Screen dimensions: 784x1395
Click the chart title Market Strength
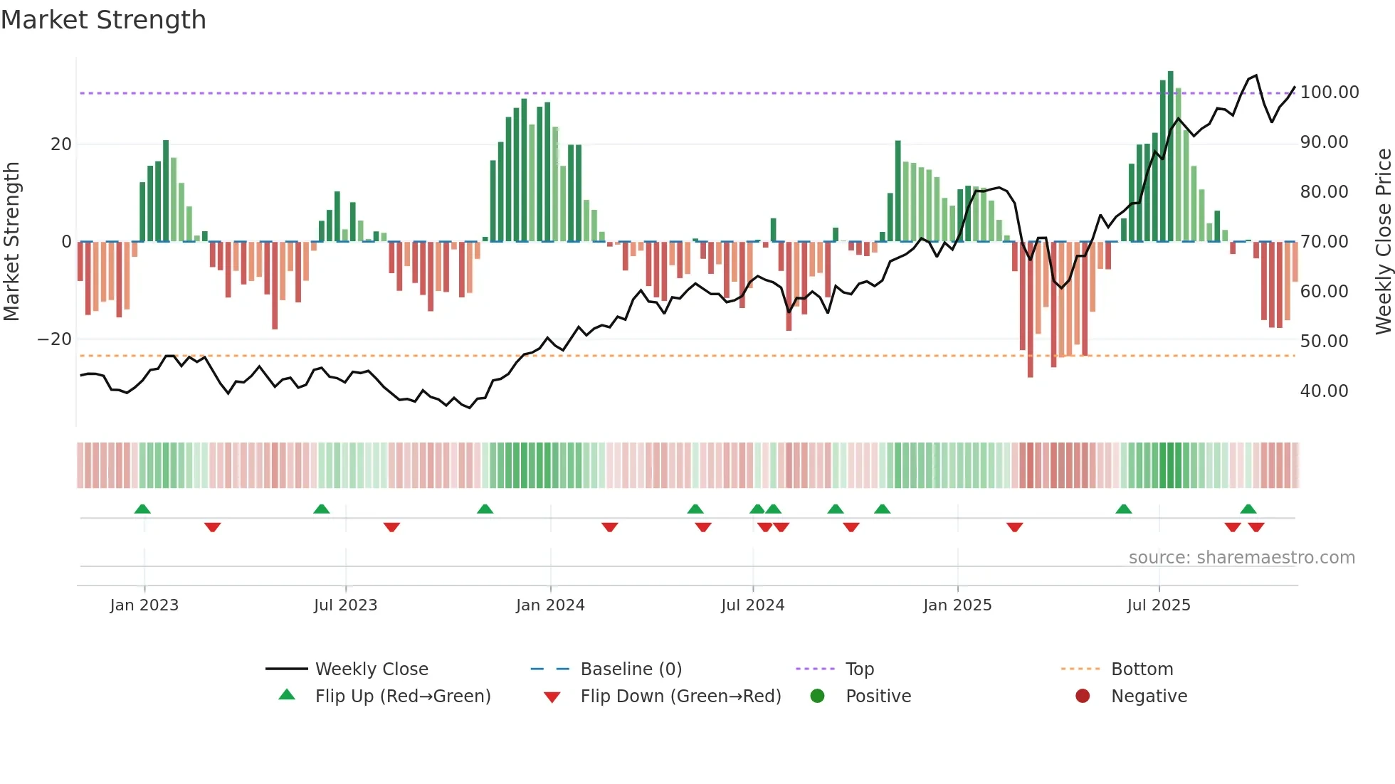point(103,20)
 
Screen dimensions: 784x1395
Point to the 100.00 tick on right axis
point(1329,92)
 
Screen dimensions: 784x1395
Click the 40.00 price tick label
point(1324,391)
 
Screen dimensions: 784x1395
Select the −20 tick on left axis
point(54,339)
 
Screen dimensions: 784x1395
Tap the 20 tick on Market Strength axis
point(60,144)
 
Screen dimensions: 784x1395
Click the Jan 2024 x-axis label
point(549,605)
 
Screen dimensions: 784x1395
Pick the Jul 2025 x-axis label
point(1158,605)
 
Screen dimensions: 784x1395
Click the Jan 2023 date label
point(144,605)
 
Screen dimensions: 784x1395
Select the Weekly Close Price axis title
point(1383,242)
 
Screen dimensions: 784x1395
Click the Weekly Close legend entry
point(371,669)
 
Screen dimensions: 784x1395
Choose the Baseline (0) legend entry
point(631,669)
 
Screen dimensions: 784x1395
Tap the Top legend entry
point(859,669)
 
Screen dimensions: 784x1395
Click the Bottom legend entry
point(1142,669)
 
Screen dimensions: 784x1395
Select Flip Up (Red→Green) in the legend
point(402,696)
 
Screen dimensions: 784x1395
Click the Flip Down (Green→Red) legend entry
point(680,696)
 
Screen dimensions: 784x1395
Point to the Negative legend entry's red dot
point(1083,696)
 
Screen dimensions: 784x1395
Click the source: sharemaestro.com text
point(1241,558)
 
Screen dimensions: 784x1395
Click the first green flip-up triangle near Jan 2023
point(142,509)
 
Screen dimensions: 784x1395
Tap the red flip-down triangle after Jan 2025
point(1014,527)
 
